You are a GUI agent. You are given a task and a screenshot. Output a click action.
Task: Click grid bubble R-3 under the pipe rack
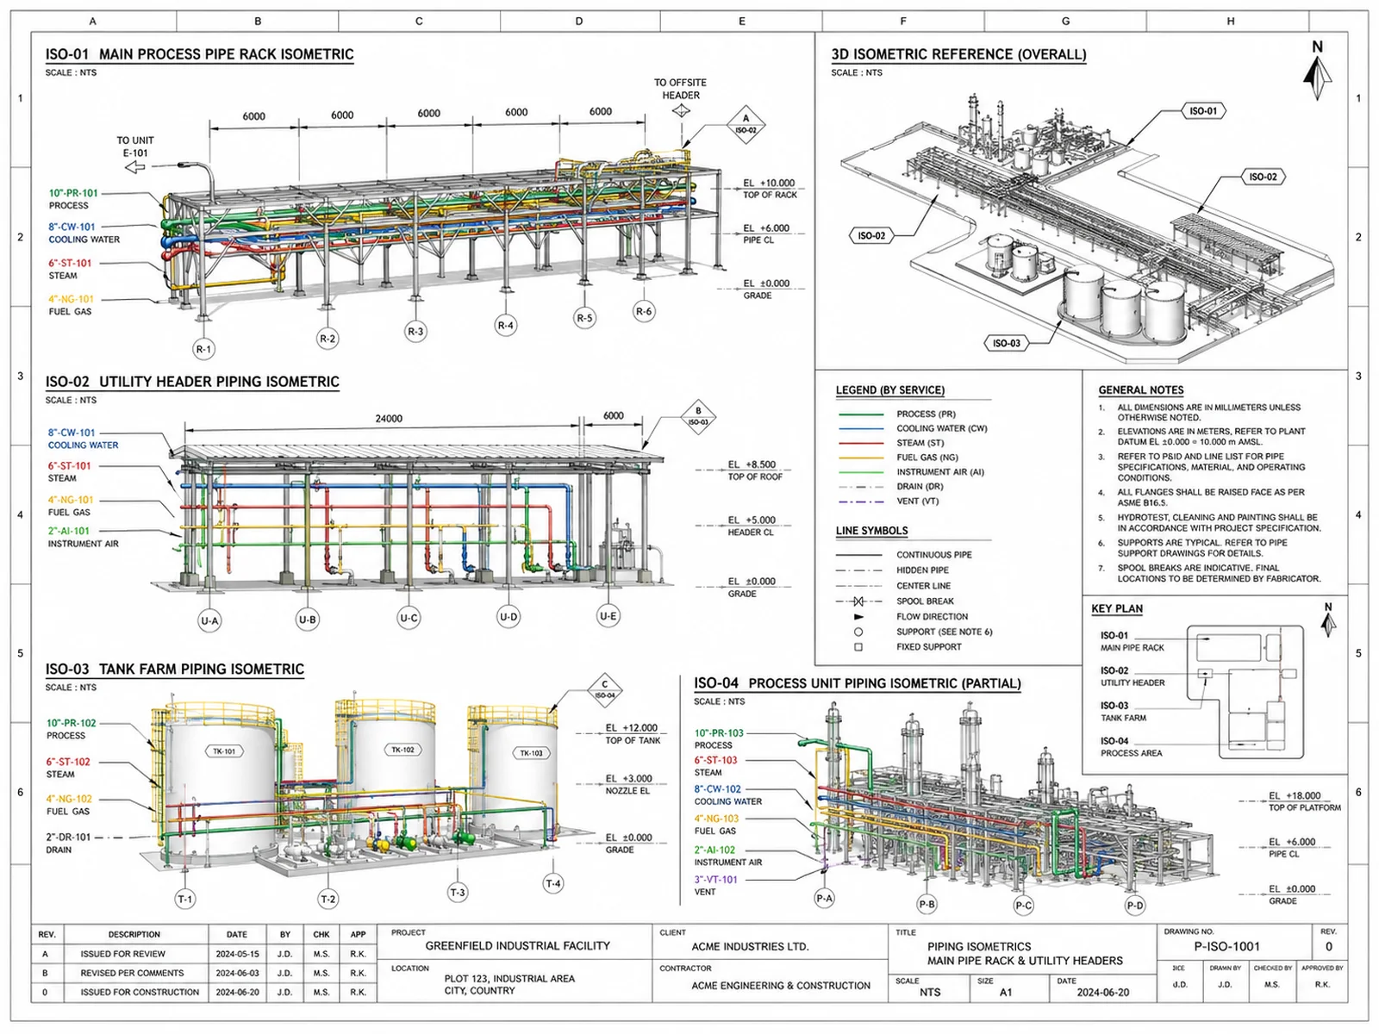coord(415,332)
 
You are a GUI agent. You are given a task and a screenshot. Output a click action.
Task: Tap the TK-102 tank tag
coord(402,750)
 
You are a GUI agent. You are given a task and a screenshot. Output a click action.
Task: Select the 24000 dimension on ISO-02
coord(388,419)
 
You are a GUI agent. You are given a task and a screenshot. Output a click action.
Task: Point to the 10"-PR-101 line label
coord(73,193)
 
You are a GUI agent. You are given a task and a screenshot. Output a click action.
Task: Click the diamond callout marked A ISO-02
coord(746,124)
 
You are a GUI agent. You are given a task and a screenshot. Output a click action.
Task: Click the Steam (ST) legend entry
coord(920,443)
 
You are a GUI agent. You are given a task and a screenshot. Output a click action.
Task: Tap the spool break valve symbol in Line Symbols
coord(858,601)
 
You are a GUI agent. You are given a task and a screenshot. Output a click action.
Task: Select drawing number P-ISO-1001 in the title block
coord(1227,947)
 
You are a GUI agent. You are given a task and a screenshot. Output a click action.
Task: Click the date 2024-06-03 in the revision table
coord(237,973)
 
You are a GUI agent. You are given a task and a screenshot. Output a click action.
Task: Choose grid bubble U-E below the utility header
coord(608,616)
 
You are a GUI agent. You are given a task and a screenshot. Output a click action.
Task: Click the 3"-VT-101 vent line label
coord(715,880)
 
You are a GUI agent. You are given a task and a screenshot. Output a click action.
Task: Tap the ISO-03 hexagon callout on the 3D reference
coord(1007,344)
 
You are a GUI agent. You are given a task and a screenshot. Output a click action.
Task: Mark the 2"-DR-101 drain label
coord(68,837)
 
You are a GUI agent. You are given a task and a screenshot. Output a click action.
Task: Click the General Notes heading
coord(1141,389)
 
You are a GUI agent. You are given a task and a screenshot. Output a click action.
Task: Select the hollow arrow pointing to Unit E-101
coord(135,167)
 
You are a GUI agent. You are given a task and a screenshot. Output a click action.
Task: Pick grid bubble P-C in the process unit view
coord(1023,906)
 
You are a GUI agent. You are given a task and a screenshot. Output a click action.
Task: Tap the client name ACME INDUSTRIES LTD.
coord(750,947)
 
